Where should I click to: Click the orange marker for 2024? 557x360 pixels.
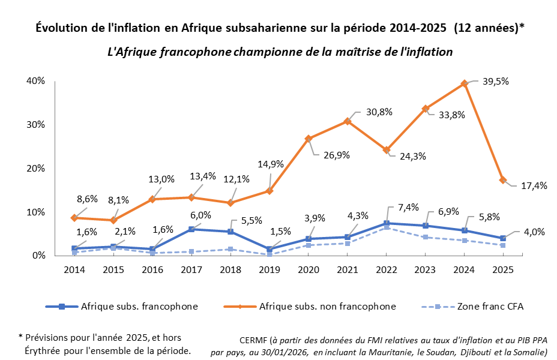(x=464, y=84)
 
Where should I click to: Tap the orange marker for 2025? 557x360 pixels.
(x=503, y=180)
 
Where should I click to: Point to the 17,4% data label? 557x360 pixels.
(x=533, y=186)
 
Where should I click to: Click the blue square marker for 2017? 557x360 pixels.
(x=191, y=229)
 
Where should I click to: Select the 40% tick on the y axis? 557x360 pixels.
(x=35, y=81)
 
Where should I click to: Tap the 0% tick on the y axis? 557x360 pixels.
(x=38, y=256)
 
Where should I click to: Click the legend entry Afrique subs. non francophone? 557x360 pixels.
(x=327, y=307)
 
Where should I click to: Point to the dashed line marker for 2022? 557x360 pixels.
(x=386, y=227)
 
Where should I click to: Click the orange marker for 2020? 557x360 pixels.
(x=309, y=139)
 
